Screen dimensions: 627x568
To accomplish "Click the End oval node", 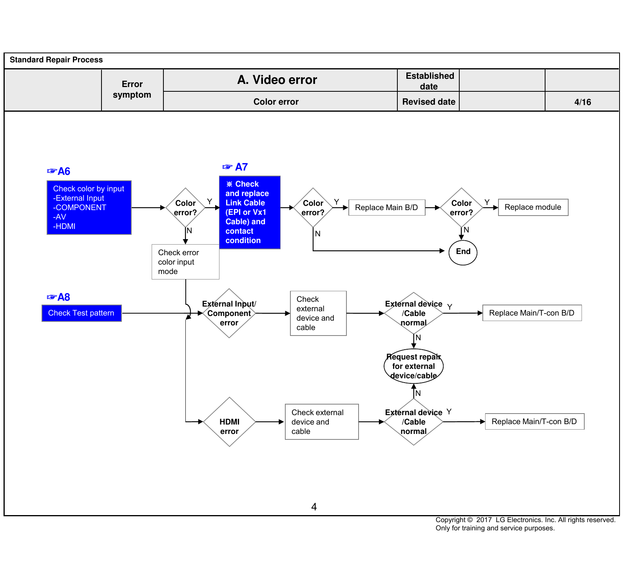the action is (x=463, y=252).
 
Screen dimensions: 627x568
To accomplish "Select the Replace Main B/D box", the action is (x=387, y=207).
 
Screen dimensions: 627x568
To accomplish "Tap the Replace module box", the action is (x=533, y=207).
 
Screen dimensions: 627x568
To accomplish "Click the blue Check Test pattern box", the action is (x=82, y=313).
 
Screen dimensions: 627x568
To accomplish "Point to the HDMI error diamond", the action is (x=229, y=422).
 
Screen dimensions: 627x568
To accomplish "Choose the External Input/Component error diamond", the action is (x=229, y=313).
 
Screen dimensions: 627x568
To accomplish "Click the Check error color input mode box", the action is (x=185, y=262).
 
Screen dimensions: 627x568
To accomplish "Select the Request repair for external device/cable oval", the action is (x=413, y=366).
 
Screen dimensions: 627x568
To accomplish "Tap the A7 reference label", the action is (x=235, y=167).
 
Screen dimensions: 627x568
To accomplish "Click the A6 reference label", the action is (x=58, y=171).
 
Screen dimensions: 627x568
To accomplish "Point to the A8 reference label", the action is (x=58, y=297).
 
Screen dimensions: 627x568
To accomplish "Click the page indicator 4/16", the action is (x=583, y=102).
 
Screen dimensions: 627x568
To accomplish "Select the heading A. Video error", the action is (x=277, y=80).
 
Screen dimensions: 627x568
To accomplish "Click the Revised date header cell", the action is (x=429, y=102).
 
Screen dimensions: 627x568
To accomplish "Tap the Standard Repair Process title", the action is (x=56, y=60).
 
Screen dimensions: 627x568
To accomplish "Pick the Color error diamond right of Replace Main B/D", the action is (x=461, y=208).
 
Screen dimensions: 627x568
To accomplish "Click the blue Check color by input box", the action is (x=89, y=207).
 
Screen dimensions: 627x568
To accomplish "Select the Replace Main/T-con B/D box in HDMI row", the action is (x=535, y=422).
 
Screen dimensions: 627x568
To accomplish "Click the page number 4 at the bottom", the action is (x=314, y=507).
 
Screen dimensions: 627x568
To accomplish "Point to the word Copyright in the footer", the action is (x=451, y=520).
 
